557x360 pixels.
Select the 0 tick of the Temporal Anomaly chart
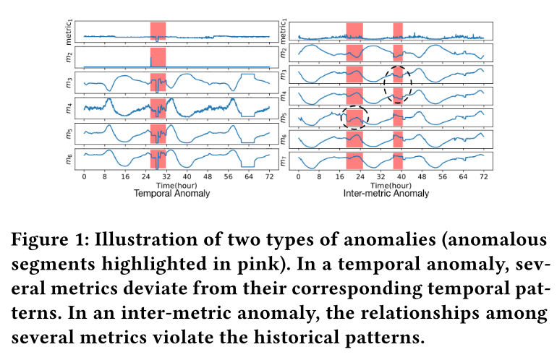(85, 176)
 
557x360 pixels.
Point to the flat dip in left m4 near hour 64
(250, 115)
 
